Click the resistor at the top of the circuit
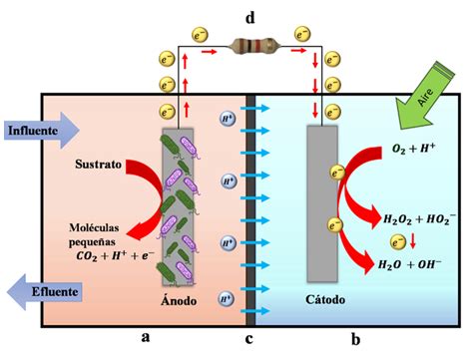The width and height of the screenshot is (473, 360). (249, 45)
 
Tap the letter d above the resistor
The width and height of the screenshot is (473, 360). (249, 15)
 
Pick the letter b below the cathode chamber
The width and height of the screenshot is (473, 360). (355, 340)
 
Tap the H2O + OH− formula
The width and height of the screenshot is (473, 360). (414, 264)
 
